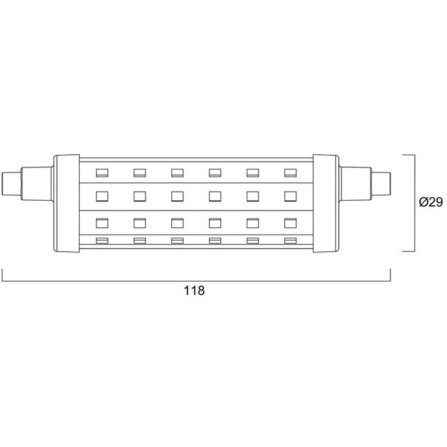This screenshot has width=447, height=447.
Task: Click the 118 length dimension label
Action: (194, 291)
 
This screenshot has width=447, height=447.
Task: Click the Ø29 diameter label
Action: (431, 202)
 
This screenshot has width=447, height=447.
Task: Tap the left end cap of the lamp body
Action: (67, 203)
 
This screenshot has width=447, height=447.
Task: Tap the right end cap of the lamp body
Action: (326, 203)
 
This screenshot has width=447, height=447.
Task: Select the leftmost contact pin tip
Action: (12, 184)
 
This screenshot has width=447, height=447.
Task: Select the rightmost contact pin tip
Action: (381, 184)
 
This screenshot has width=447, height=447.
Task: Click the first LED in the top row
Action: (102, 173)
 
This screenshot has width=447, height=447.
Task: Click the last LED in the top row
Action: (290, 173)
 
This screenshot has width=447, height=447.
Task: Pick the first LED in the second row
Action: (102, 196)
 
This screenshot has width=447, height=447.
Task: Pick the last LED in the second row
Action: (290, 196)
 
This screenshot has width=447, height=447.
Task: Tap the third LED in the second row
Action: (177, 196)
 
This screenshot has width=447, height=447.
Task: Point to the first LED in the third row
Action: (102, 223)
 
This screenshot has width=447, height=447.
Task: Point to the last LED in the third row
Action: (290, 223)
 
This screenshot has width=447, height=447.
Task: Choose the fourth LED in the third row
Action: (215, 223)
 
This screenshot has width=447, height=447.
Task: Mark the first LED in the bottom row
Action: (102, 241)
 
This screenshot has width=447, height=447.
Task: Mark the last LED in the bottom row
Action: (290, 241)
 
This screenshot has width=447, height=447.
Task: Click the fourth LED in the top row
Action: (215, 173)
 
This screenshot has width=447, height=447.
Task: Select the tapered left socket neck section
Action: (37, 184)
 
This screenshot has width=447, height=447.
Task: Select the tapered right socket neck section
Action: (355, 184)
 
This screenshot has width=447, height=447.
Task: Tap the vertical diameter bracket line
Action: (414, 203)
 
